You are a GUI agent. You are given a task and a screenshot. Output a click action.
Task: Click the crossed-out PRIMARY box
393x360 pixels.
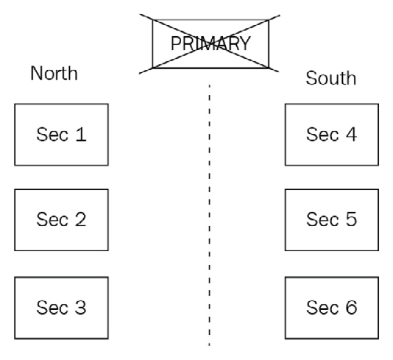[210, 43]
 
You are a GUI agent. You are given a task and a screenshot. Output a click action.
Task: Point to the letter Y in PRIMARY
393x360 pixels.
[244, 43]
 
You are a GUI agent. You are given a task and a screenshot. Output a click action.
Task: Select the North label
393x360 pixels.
[54, 73]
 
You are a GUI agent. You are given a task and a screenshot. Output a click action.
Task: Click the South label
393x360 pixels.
[330, 79]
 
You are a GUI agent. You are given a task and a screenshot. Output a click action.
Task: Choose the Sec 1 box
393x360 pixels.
[61, 134]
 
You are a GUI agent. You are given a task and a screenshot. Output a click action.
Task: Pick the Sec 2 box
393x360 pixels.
[61, 219]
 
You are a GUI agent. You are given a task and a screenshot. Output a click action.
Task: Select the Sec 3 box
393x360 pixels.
[61, 307]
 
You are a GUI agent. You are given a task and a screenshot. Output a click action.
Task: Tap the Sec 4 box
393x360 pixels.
[331, 134]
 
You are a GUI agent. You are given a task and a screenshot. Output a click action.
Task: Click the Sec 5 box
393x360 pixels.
[331, 219]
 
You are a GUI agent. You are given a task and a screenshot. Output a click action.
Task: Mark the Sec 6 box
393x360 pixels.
[331, 307]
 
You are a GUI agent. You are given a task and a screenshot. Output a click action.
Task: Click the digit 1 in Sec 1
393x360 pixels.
[80, 134]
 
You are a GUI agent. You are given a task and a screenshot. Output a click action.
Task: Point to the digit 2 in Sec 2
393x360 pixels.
[80, 219]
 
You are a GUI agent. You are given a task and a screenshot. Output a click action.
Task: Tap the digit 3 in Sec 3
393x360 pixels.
[80, 307]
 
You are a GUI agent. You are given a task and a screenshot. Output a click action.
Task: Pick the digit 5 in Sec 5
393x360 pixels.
[351, 219]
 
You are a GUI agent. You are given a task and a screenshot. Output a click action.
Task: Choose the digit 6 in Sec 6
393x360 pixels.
[351, 307]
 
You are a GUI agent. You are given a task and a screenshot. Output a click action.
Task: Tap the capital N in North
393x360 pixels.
[37, 73]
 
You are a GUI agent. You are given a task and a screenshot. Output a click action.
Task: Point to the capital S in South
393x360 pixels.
[312, 79]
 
